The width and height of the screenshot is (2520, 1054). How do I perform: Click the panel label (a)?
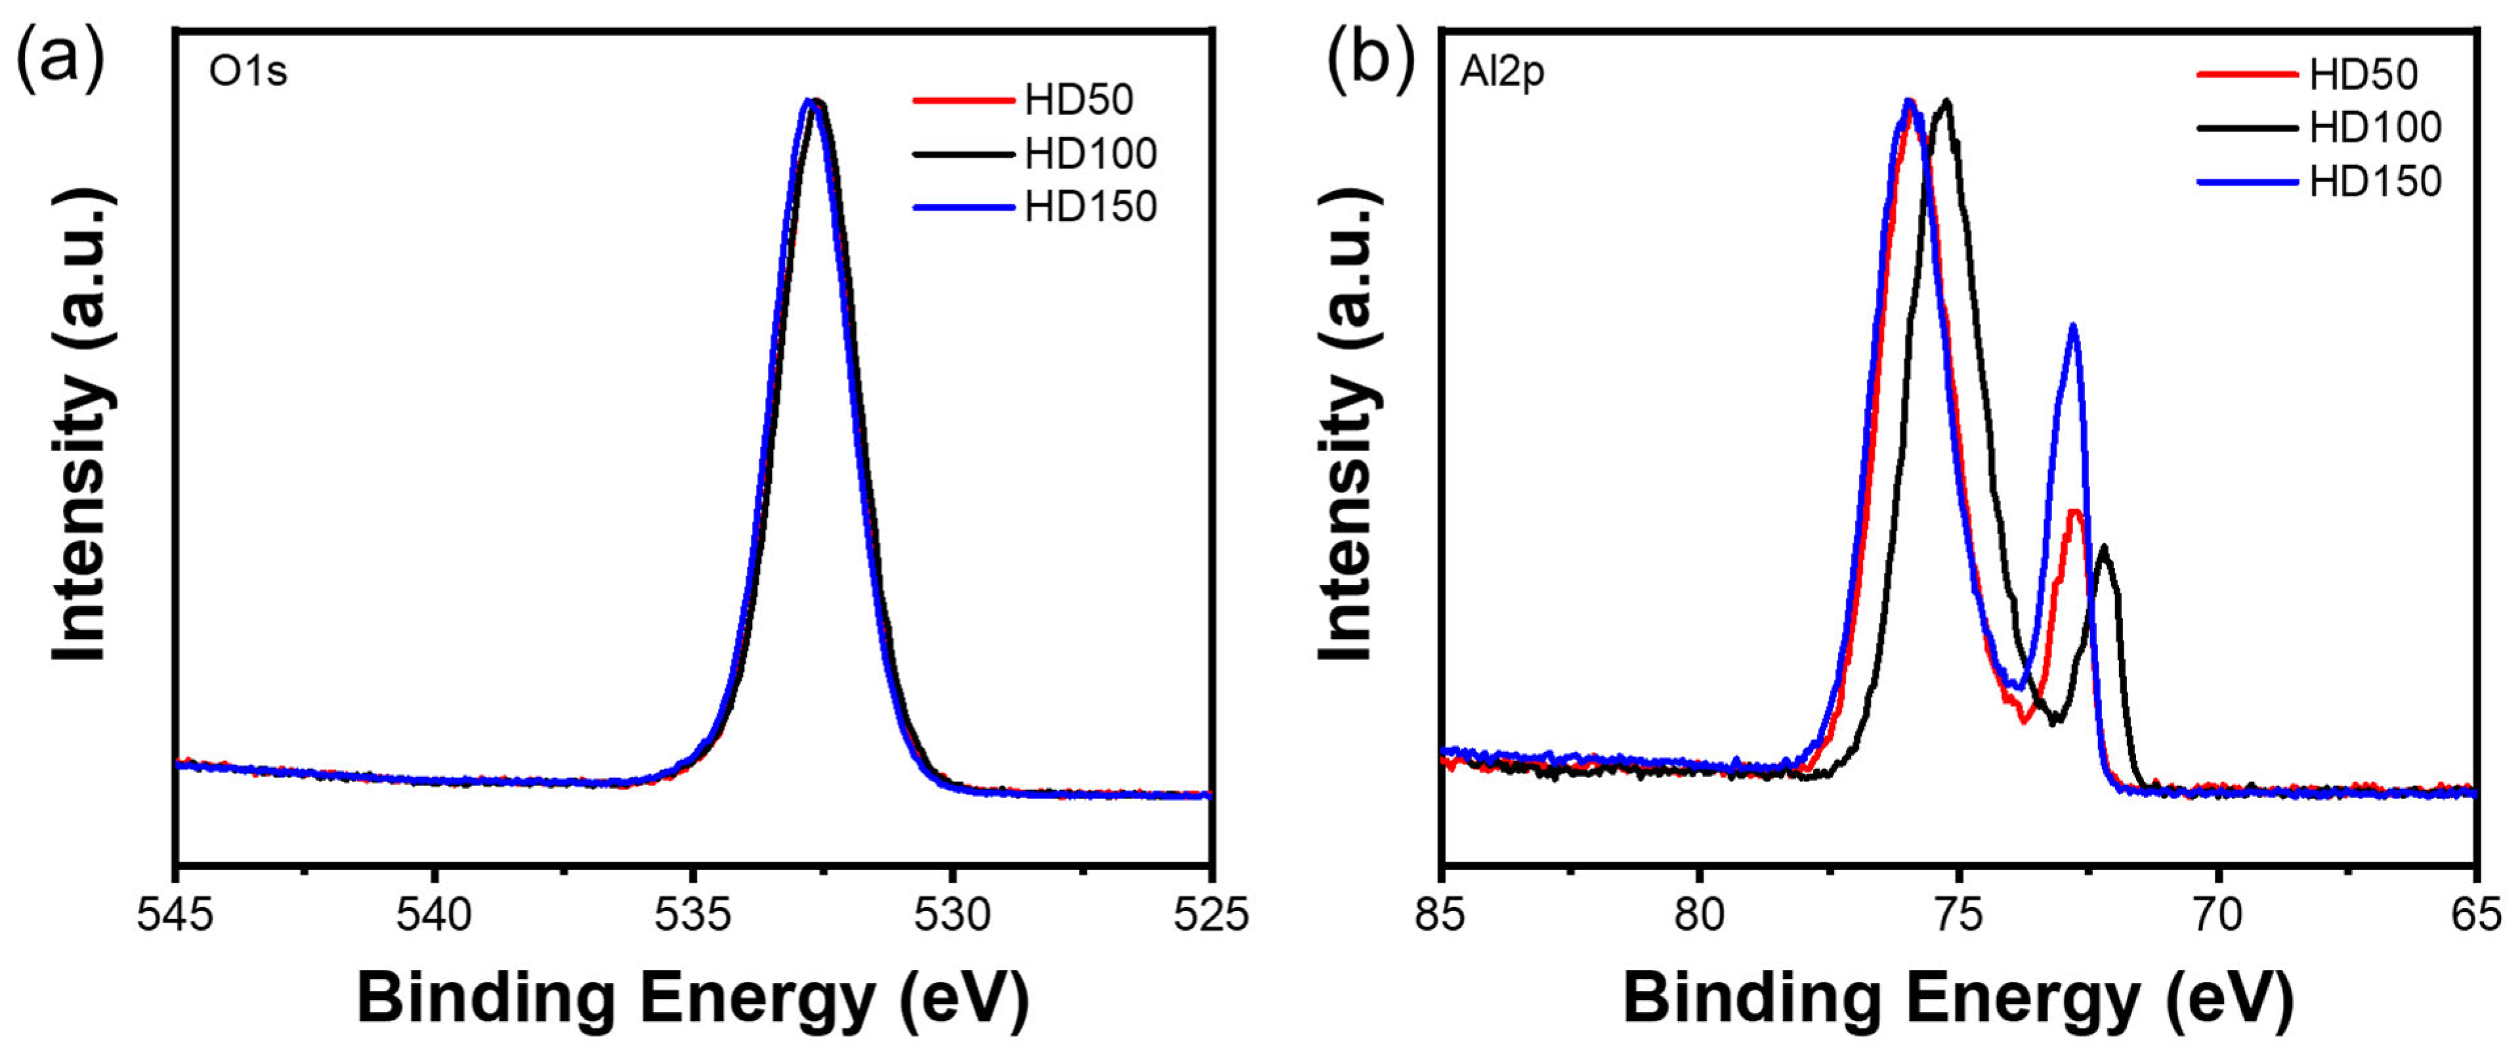[60, 60]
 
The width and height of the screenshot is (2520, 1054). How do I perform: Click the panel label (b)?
[1370, 60]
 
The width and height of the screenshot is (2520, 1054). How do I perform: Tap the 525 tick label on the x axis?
[1212, 915]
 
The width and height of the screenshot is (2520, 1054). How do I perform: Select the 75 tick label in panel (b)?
[1960, 915]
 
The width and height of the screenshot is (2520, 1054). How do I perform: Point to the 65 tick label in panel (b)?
[2476, 915]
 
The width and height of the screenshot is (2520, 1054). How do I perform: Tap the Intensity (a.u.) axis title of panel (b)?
[1348, 426]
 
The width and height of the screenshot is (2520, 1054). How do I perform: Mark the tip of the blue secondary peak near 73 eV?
[2073, 326]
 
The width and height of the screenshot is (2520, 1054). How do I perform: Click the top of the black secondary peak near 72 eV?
[2103, 548]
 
